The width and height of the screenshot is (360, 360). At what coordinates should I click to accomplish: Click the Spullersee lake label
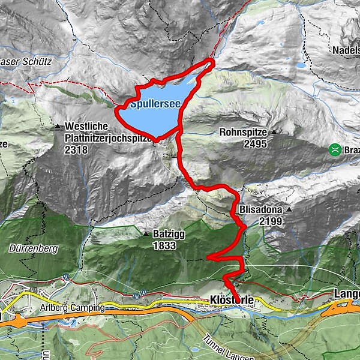(155, 104)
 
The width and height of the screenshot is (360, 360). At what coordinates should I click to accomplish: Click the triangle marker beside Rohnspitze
(274, 132)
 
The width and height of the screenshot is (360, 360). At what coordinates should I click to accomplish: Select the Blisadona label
(261, 210)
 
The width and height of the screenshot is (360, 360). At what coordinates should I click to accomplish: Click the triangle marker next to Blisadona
(289, 210)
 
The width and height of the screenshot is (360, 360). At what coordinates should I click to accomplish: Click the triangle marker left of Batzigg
(145, 233)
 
